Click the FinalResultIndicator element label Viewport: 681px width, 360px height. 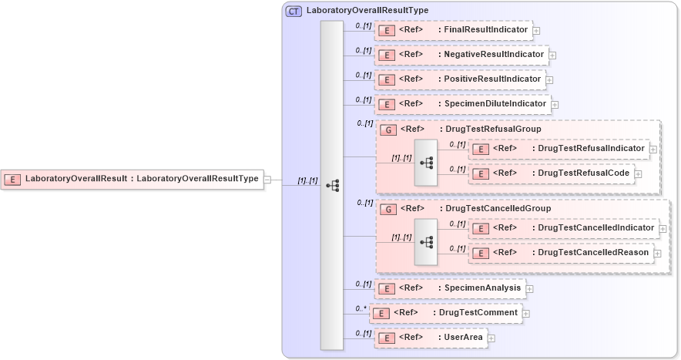point(485,30)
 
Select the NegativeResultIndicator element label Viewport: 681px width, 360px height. point(493,55)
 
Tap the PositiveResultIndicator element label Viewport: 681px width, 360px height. point(492,79)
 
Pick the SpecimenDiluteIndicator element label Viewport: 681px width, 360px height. point(495,103)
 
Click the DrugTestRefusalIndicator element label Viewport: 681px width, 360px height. point(591,148)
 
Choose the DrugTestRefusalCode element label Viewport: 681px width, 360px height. point(582,173)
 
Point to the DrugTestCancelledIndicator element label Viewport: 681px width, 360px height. point(595,227)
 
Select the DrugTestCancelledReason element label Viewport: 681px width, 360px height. point(594,252)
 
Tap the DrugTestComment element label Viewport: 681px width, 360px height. point(475,312)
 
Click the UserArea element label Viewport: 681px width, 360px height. point(463,337)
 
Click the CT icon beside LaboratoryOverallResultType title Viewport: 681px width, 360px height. point(294,11)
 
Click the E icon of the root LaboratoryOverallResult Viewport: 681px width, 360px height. point(12,179)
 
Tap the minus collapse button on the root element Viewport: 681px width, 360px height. point(267,180)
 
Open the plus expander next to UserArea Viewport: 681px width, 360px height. point(491,338)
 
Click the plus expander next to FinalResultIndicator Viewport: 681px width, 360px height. point(536,31)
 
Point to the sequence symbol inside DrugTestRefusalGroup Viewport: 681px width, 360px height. point(426,163)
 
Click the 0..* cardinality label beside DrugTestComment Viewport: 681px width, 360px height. point(360,308)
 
